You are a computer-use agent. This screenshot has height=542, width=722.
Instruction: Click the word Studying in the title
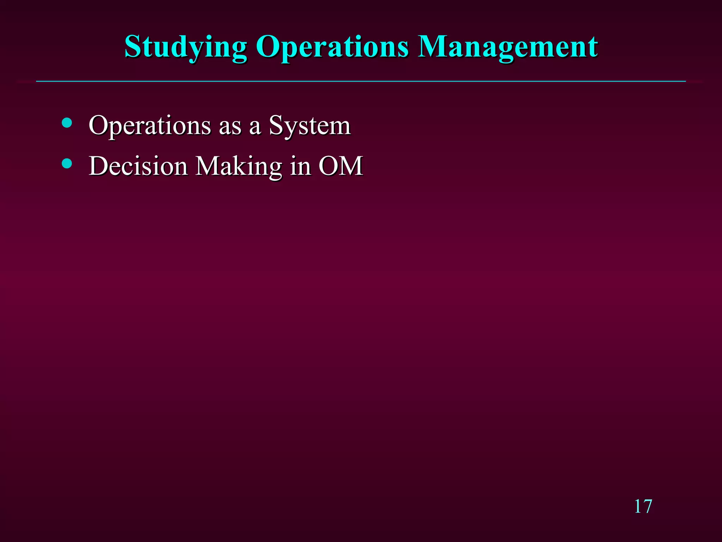tap(186, 48)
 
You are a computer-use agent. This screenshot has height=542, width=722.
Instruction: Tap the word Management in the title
tap(508, 48)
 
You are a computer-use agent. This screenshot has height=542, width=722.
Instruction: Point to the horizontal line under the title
tap(361, 82)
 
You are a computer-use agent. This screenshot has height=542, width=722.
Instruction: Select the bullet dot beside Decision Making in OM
tap(67, 163)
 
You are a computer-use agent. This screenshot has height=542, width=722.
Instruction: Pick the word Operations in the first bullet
tap(150, 126)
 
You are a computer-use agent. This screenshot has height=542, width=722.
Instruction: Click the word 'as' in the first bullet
tap(230, 126)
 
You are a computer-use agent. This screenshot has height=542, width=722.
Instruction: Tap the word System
tap(310, 126)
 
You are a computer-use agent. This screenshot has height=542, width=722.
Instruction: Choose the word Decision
tap(138, 166)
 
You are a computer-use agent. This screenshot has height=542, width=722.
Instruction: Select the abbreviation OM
tap(341, 166)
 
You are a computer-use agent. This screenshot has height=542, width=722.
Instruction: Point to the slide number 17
tap(643, 507)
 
